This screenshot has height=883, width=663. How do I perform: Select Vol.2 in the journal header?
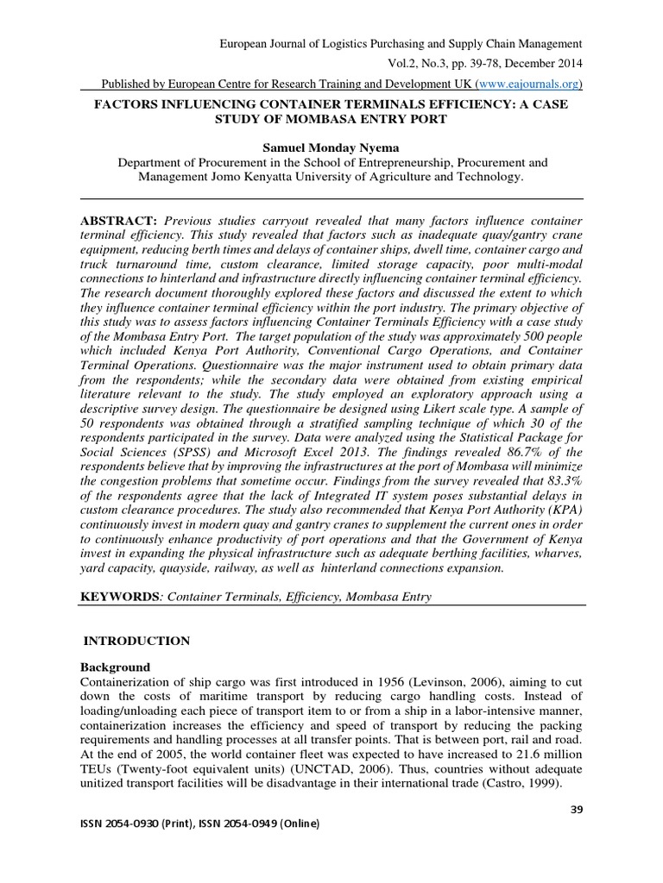[389, 63]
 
